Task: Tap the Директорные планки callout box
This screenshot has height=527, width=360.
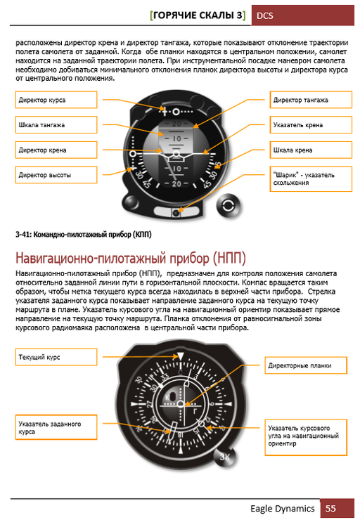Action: coord(306,365)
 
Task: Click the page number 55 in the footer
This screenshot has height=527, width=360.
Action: coord(330,508)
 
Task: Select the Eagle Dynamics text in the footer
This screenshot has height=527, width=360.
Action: coord(281,508)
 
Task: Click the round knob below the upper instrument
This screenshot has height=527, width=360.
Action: coord(228,204)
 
